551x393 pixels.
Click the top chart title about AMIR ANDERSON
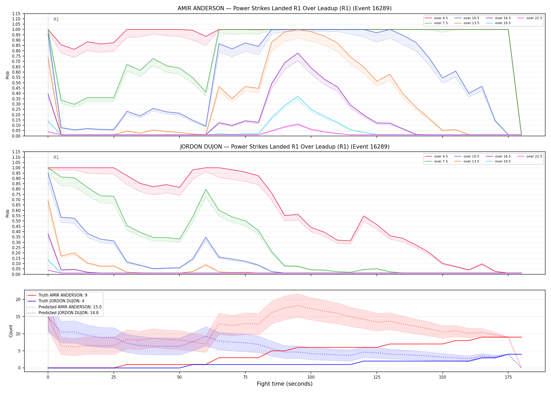[x=284, y=8]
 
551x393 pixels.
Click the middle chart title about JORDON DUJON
[x=284, y=147]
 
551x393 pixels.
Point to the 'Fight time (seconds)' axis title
[x=285, y=384]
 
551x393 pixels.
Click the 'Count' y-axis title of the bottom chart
[x=11, y=331]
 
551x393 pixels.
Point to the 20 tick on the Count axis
[x=18, y=300]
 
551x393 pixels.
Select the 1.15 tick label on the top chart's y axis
[x=16, y=14]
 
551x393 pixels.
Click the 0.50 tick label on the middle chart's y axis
[x=16, y=221]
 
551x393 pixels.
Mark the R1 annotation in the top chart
[x=56, y=19]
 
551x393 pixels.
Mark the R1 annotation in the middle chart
[x=56, y=157]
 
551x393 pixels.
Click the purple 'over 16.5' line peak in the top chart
[x=298, y=53]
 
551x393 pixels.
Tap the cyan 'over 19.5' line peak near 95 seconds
[x=298, y=96]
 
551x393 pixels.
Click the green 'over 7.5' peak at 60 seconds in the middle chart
[x=206, y=189]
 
